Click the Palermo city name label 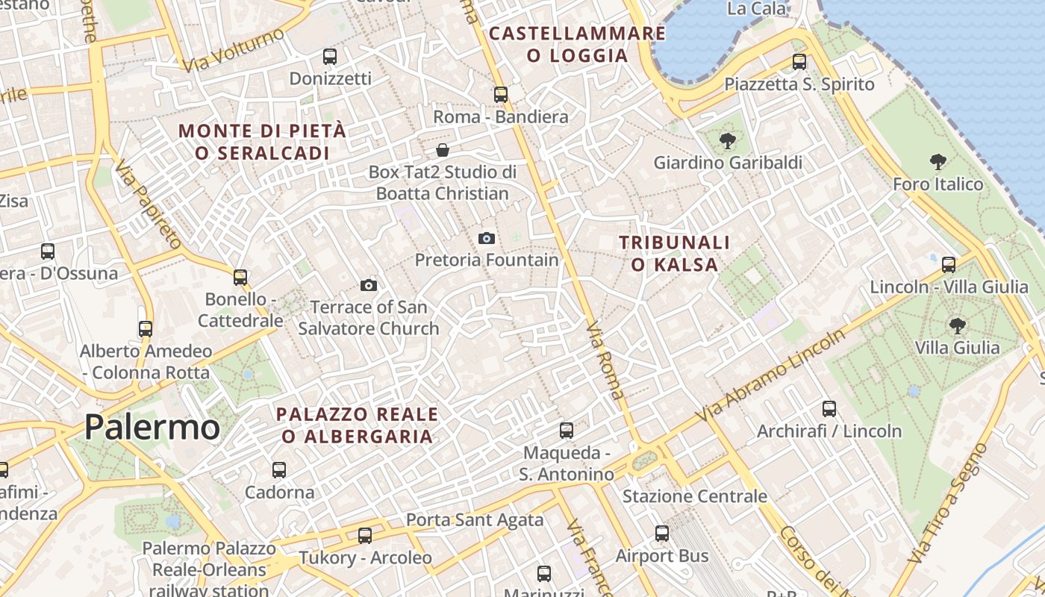(152, 427)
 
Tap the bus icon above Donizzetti (329, 56)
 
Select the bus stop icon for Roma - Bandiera (500, 95)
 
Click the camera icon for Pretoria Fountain (487, 238)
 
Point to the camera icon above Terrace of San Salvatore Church (368, 285)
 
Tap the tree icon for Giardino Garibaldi (727, 140)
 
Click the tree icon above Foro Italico (938, 161)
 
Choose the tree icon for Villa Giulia (957, 325)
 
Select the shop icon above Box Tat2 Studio (443, 150)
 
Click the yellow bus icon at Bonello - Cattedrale (240, 278)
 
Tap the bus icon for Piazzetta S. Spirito (799, 62)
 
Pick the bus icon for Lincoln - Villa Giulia (948, 265)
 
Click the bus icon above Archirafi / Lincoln (829, 409)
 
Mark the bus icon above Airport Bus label (661, 534)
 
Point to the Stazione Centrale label (694, 496)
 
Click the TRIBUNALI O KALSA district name (675, 253)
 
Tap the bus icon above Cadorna (279, 470)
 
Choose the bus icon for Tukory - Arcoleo (364, 536)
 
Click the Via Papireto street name (149, 204)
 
